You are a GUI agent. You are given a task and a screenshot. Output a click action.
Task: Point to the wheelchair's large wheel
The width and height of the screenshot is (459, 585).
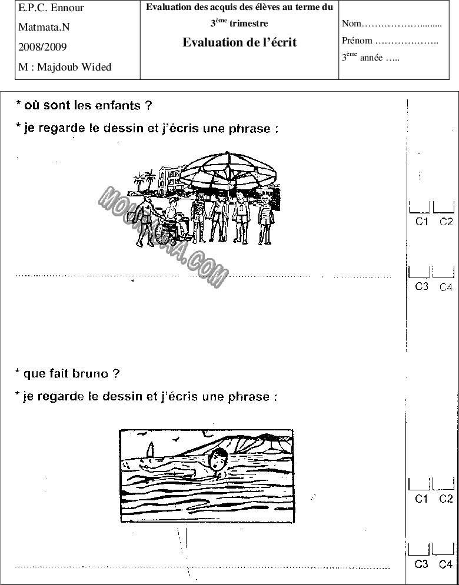(163, 233)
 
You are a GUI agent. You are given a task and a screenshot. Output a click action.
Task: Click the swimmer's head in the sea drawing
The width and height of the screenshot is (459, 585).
(218, 459)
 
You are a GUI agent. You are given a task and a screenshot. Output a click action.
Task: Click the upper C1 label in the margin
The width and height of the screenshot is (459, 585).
(421, 222)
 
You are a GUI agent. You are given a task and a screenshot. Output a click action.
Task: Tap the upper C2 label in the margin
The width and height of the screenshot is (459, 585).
(445, 222)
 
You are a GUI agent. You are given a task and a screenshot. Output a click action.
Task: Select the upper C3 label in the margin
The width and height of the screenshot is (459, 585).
(421, 287)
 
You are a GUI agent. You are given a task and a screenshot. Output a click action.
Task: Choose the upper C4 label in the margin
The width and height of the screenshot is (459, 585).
(445, 287)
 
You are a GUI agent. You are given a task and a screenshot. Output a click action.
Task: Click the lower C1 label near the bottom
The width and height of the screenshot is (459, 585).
(421, 499)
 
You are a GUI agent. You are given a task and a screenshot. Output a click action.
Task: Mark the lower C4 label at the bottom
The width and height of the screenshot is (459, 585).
(445, 564)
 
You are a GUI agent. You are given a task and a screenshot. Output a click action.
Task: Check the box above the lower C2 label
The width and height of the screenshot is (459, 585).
(444, 484)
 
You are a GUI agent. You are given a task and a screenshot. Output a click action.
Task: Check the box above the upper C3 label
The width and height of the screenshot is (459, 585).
(419, 272)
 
